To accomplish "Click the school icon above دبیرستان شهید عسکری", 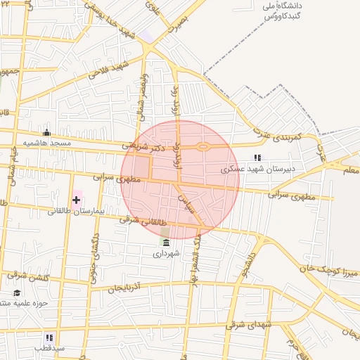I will point(257,158).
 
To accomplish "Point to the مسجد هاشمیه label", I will point(48,143).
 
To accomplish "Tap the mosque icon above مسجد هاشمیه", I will point(47,132).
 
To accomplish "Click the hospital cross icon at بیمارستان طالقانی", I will point(76,200).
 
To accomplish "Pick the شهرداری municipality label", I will point(167,254).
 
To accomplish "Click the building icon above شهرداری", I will point(165,243).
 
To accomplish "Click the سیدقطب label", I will point(51,348).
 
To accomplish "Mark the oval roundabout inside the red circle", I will point(204,147).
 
